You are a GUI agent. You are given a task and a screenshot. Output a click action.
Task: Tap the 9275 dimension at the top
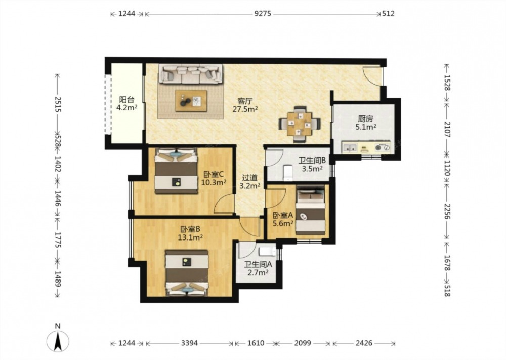263,14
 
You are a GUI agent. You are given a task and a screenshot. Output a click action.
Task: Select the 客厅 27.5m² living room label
245,105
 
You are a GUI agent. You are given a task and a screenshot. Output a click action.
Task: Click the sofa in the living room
190,73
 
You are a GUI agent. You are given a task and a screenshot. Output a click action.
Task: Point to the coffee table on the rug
191,101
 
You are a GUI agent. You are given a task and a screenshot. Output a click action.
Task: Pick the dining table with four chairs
300,124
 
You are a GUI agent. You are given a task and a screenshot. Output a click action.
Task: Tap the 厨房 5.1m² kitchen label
366,123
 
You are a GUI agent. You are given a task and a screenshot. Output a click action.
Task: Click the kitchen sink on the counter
350,148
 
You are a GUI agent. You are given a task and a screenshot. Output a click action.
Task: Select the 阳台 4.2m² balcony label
127,104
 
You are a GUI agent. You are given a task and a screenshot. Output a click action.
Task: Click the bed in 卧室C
176,171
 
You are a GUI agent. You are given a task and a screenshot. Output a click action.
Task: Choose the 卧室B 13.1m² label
190,233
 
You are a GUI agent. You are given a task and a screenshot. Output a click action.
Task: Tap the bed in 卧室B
187,272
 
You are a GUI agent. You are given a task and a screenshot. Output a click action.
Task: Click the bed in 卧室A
311,210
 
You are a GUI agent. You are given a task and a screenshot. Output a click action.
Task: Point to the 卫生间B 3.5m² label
312,165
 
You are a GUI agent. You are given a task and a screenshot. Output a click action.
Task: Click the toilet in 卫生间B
287,173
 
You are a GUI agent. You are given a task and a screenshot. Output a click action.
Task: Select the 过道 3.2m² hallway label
250,181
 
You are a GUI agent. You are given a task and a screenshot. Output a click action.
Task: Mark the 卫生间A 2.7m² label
258,269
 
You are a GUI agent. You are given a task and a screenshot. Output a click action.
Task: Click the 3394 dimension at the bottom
189,343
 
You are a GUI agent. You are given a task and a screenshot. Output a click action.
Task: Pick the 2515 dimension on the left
58,104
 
